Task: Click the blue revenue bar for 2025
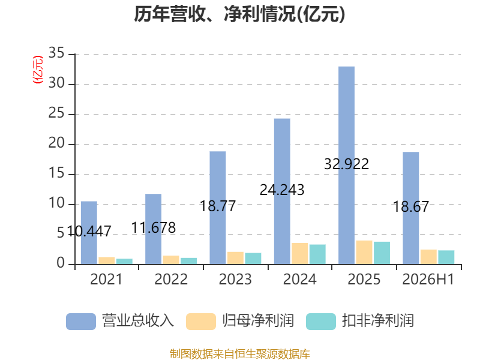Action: tap(347, 166)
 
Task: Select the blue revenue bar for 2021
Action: tap(89, 233)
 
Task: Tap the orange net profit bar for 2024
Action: tap(299, 253)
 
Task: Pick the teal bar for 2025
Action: tap(382, 253)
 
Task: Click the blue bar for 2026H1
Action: tap(411, 208)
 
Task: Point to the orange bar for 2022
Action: tap(171, 260)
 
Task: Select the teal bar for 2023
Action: tap(253, 259)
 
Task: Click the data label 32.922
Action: tap(347, 164)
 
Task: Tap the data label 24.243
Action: tap(282, 190)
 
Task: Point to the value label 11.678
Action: tap(154, 228)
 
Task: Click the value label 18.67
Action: tap(411, 206)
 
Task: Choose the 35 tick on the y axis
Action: tap(56, 53)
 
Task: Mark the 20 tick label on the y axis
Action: tap(56, 143)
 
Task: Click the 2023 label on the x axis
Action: tap(235, 279)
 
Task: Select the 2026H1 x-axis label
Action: tap(428, 279)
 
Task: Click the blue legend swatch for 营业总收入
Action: tap(81, 322)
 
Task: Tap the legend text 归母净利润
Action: tap(258, 321)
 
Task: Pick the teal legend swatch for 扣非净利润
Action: tap(321, 322)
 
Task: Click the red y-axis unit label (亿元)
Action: tap(38, 70)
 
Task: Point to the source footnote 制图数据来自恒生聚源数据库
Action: tap(240, 354)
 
